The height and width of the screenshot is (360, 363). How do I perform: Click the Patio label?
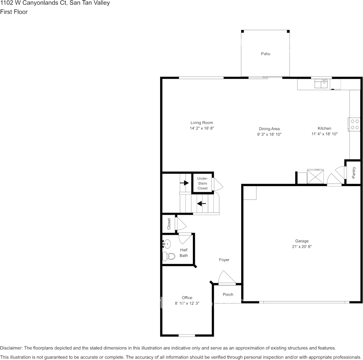pos(266,54)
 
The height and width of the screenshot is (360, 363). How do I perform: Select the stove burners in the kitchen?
pos(355,124)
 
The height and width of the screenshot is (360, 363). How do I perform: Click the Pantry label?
pos(354,173)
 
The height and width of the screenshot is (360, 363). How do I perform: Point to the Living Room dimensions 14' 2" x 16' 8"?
pos(202,129)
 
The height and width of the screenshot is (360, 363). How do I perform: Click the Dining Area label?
pos(269,129)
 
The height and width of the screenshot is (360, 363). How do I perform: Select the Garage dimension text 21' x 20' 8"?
pos(302,247)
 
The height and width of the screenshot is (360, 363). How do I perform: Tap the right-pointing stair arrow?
pos(185,183)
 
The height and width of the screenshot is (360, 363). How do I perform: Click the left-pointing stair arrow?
pos(201,204)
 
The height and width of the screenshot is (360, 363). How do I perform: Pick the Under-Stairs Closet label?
pos(202,183)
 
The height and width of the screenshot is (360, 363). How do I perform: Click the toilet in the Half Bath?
pos(169,256)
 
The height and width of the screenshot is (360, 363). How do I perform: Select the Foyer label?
pos(224,260)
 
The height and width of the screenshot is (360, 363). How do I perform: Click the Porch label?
pos(228,295)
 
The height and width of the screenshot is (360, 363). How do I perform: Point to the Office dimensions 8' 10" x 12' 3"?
pos(187,303)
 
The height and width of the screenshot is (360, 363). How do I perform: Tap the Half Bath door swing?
pos(185,238)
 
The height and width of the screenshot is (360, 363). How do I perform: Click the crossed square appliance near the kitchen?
pos(315,177)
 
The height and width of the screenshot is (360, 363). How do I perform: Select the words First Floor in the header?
pos(14,12)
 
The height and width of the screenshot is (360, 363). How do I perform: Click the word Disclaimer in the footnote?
pos(11,348)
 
